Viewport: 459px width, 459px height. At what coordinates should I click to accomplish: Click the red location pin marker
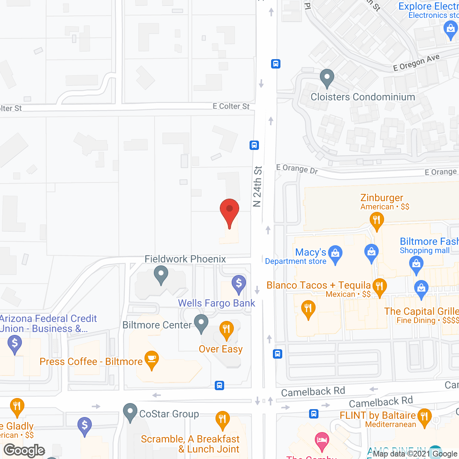click(x=229, y=212)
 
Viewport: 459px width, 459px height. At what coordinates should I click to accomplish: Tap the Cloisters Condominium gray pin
click(x=327, y=78)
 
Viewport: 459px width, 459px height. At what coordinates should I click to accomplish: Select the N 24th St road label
click(x=257, y=186)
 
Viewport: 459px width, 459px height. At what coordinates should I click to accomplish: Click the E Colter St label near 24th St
click(x=231, y=106)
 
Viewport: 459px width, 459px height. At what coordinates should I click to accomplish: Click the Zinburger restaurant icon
click(x=377, y=219)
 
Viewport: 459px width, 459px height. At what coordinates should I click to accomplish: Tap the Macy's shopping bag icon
click(x=335, y=254)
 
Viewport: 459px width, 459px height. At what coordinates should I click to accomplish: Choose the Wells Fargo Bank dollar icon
click(x=239, y=284)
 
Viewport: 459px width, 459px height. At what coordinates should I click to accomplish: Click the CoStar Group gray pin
click(x=130, y=412)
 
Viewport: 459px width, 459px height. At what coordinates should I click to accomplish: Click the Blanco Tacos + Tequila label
click(x=318, y=285)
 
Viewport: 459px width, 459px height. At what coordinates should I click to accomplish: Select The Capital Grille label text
click(x=421, y=311)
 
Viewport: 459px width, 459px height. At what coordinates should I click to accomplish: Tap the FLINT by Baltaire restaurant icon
click(x=425, y=417)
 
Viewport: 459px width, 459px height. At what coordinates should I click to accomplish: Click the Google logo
click(x=24, y=450)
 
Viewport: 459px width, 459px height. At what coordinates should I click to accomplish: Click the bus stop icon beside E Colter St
click(x=254, y=145)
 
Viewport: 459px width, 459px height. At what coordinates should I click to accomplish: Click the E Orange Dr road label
click(x=297, y=169)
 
